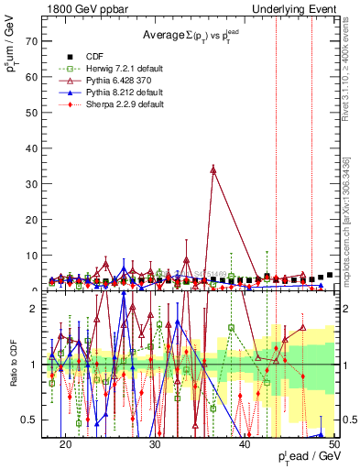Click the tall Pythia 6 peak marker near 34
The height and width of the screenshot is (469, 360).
213,169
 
